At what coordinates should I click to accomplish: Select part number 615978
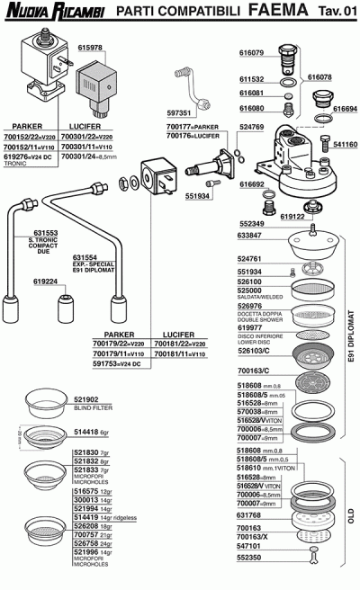tap(91, 47)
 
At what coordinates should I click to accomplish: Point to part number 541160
tap(345, 144)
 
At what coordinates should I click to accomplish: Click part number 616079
tap(252, 53)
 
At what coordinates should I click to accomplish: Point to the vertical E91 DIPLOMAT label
tap(352, 341)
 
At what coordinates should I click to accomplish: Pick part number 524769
tap(252, 128)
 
